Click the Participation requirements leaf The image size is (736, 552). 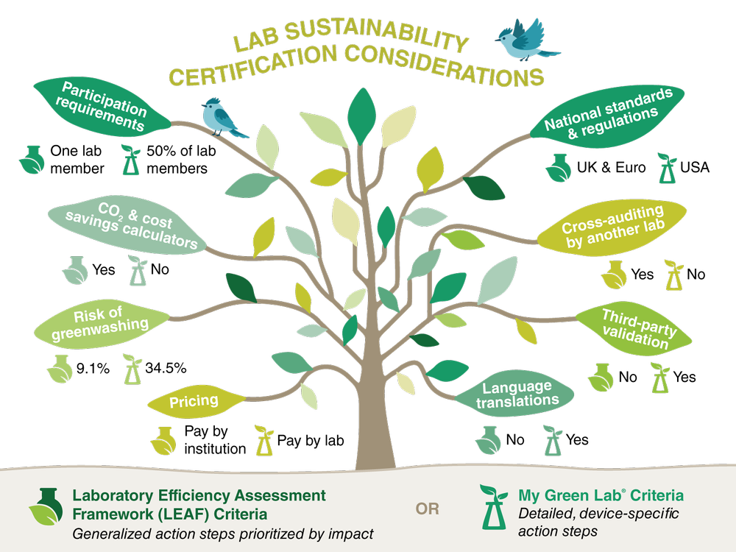pyautogui.click(x=103, y=107)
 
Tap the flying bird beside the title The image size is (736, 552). pyautogui.click(x=526, y=40)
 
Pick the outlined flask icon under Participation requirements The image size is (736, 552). pyautogui.click(x=131, y=160)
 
